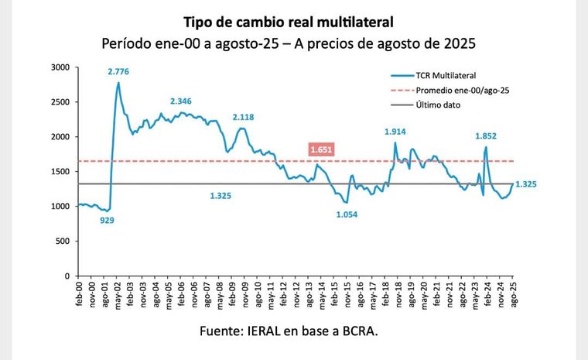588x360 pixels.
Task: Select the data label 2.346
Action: (183, 101)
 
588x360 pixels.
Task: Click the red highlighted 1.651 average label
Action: (321, 149)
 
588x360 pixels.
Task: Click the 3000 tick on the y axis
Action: (60, 67)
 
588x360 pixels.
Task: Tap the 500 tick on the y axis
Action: (64, 241)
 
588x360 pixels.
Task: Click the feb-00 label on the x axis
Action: (80, 294)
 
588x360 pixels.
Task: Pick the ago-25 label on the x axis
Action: (512, 294)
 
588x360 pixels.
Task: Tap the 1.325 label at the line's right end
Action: (525, 184)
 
